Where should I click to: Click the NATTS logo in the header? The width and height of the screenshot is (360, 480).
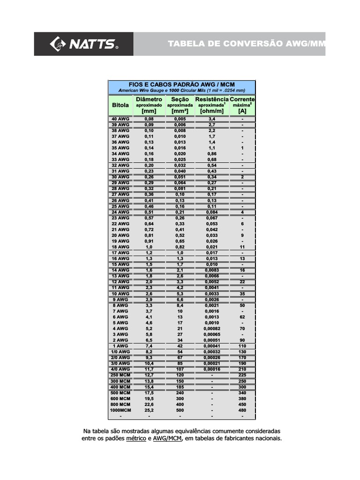(84, 44)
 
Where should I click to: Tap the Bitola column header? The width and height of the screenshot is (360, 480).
(120, 105)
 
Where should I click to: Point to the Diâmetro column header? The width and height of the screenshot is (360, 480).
(149, 99)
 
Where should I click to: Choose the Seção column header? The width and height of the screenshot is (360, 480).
(180, 99)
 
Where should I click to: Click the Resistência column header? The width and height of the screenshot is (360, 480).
(212, 99)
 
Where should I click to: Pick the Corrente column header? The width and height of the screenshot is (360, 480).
(242, 99)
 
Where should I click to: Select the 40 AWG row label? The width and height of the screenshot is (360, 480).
(120, 119)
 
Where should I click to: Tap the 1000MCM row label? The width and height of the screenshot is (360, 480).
(120, 410)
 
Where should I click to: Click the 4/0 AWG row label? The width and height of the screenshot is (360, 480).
(120, 369)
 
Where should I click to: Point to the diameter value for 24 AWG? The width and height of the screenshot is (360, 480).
(149, 212)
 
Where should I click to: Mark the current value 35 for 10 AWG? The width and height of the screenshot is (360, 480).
(242, 293)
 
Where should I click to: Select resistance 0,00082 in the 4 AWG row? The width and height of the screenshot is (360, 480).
(212, 329)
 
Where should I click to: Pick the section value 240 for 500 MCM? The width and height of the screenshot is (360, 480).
(180, 393)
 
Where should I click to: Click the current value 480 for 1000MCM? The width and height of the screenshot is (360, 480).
(242, 410)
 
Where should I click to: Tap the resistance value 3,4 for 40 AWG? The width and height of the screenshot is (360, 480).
(212, 119)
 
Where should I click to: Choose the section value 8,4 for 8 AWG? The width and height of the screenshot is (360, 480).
(180, 305)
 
